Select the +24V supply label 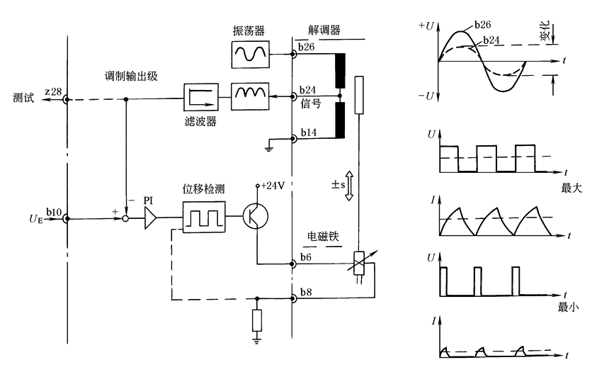pos(273,186)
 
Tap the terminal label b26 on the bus pos(307,47)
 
